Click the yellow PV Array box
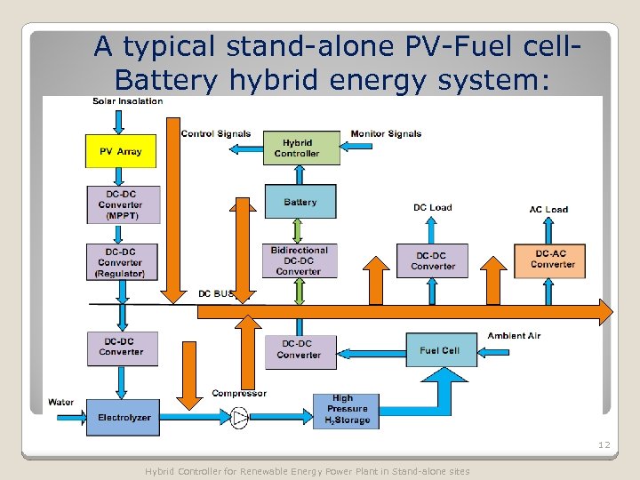[x=120, y=151]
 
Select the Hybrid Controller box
[x=301, y=148]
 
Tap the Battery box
[x=300, y=202]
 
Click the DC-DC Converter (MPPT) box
[x=124, y=205]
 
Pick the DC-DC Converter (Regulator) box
[x=124, y=262]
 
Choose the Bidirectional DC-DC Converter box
[x=300, y=261]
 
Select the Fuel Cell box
[x=441, y=350]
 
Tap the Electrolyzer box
[x=124, y=417]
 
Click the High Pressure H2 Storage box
[x=346, y=410]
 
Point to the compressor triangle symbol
[x=239, y=417]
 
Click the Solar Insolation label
[x=127, y=101]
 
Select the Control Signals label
[x=215, y=134]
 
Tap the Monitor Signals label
[x=386, y=134]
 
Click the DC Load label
[x=432, y=208]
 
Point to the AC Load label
[x=548, y=210]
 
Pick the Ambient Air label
[x=514, y=336]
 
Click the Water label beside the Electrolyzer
[x=61, y=403]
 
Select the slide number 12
[x=604, y=444]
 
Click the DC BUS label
[x=217, y=293]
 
